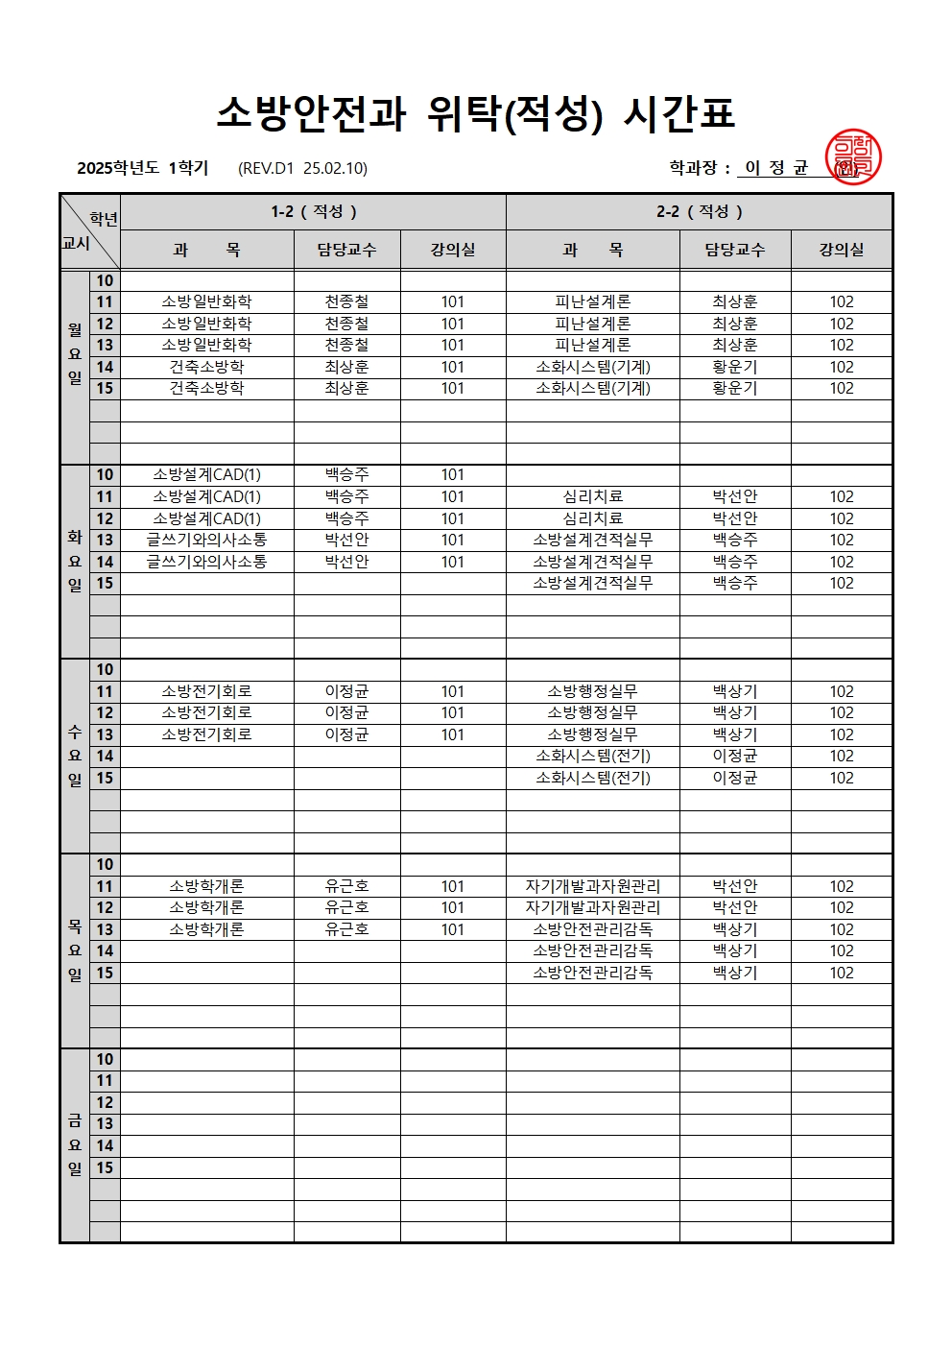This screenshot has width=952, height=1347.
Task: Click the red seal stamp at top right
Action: pyautogui.click(x=852, y=157)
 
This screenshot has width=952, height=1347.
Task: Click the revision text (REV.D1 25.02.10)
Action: pyautogui.click(x=302, y=168)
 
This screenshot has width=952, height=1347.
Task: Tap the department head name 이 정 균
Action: pyautogui.click(x=776, y=168)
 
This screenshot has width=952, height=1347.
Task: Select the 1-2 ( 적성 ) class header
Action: pyautogui.click(x=313, y=211)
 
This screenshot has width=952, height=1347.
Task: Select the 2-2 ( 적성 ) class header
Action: pyautogui.click(x=699, y=211)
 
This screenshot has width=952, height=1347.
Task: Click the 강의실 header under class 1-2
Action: pyautogui.click(x=453, y=250)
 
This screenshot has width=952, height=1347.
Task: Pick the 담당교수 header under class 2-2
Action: pyautogui.click(x=735, y=250)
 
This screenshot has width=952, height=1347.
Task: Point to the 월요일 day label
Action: pyautogui.click(x=75, y=353)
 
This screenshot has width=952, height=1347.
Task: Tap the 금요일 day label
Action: pyautogui.click(x=75, y=1144)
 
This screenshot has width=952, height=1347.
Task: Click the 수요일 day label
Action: pyautogui.click(x=75, y=756)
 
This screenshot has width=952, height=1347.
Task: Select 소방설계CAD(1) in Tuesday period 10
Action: pyautogui.click(x=206, y=474)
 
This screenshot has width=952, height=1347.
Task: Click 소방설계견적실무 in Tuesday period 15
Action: pyautogui.click(x=592, y=583)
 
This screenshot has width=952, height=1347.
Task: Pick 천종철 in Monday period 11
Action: pyautogui.click(x=346, y=301)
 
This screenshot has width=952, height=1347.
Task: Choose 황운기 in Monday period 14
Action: pyautogui.click(x=735, y=367)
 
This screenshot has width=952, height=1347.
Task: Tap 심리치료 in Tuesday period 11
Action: pyautogui.click(x=592, y=496)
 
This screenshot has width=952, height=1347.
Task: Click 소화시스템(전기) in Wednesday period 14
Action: pyautogui.click(x=592, y=756)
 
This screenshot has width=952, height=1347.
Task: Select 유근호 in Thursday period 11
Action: pyautogui.click(x=346, y=886)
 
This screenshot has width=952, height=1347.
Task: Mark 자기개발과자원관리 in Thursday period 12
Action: pyautogui.click(x=592, y=907)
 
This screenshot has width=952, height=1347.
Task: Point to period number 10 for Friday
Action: pyautogui.click(x=105, y=1059)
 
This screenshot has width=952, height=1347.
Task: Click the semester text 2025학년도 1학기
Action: pyautogui.click(x=143, y=168)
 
